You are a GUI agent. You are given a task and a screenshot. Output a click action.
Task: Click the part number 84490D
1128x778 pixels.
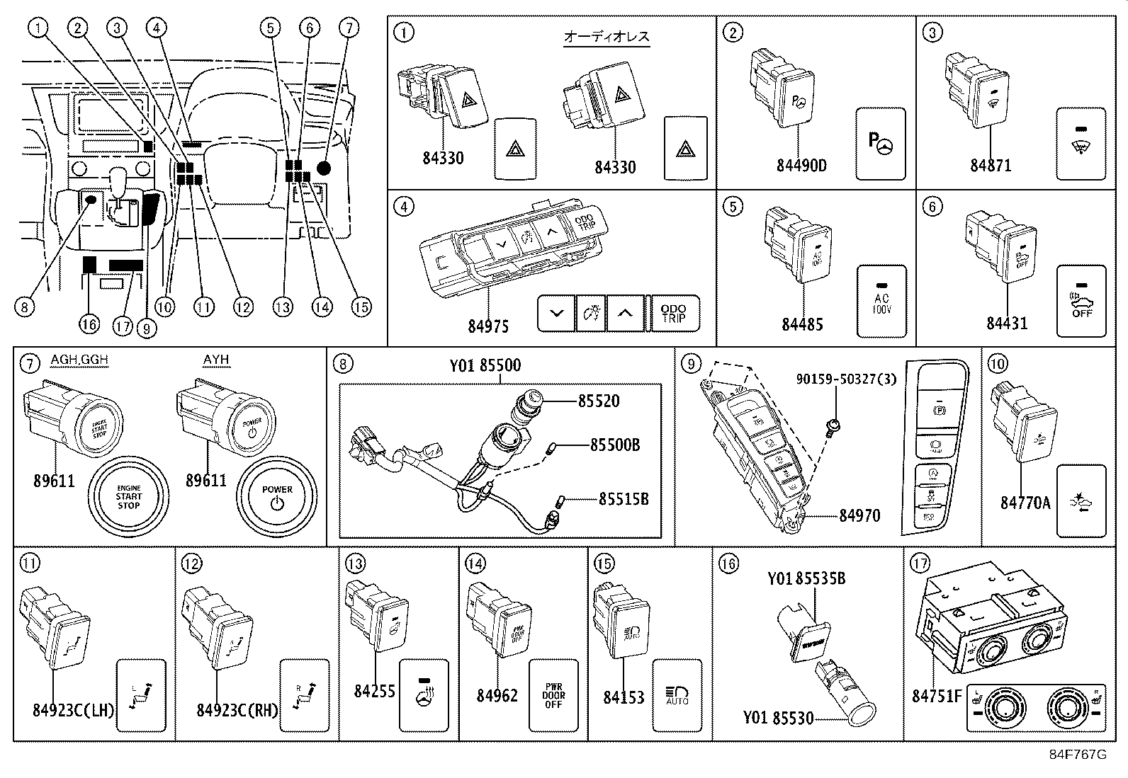[x=801, y=166]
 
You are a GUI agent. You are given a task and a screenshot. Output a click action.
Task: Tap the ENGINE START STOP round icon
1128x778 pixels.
[x=128, y=496]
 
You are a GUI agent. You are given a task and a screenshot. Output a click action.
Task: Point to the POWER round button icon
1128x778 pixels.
[x=277, y=496]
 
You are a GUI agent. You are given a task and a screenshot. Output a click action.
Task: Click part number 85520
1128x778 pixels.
[x=599, y=401]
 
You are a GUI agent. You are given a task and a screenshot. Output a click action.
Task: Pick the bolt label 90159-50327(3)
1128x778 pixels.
[x=845, y=379]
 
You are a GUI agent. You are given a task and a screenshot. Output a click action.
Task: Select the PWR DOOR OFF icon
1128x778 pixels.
[x=553, y=695]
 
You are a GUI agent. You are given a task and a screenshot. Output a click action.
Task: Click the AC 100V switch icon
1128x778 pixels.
[x=881, y=302]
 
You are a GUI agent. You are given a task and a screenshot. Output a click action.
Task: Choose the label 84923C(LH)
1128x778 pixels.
[x=74, y=710]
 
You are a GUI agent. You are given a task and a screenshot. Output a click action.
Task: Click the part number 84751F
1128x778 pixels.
[x=937, y=697]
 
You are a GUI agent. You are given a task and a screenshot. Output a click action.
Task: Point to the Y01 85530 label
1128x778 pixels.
[x=778, y=719]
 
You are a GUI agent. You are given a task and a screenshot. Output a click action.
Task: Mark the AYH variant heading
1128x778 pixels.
[x=216, y=360]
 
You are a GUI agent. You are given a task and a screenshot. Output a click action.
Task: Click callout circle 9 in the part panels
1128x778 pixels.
[x=691, y=365]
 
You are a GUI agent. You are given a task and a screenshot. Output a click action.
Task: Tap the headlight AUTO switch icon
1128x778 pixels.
[x=677, y=695]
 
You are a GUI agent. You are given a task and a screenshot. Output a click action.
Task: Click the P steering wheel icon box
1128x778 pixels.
[x=881, y=144]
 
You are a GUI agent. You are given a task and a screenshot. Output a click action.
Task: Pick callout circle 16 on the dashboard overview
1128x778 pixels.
[x=89, y=324]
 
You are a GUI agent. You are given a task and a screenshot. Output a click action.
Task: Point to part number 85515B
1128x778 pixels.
[x=624, y=499]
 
